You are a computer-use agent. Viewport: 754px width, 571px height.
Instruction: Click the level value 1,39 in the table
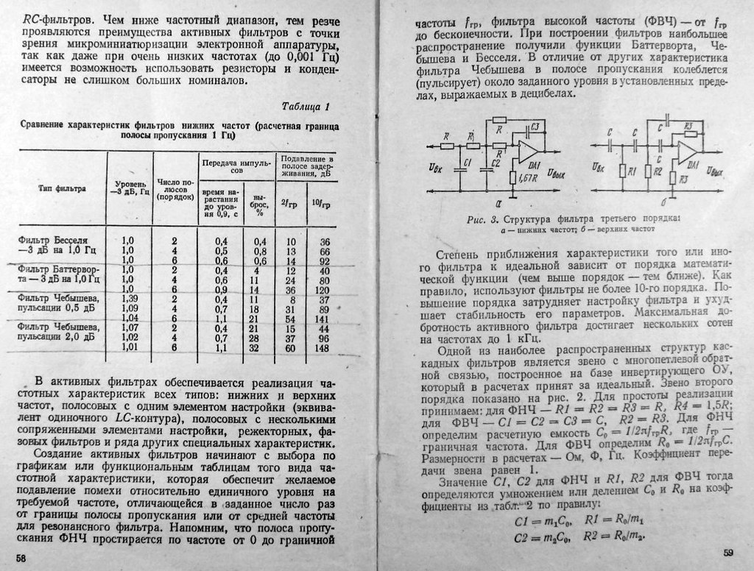click(x=127, y=299)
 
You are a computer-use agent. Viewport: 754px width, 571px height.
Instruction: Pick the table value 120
click(x=318, y=290)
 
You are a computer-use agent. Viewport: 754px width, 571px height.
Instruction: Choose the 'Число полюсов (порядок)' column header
click(x=175, y=189)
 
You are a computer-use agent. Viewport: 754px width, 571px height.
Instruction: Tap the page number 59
click(x=727, y=553)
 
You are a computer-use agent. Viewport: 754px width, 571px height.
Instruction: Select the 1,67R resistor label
click(x=527, y=178)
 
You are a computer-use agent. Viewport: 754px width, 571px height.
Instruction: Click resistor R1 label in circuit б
click(x=632, y=171)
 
